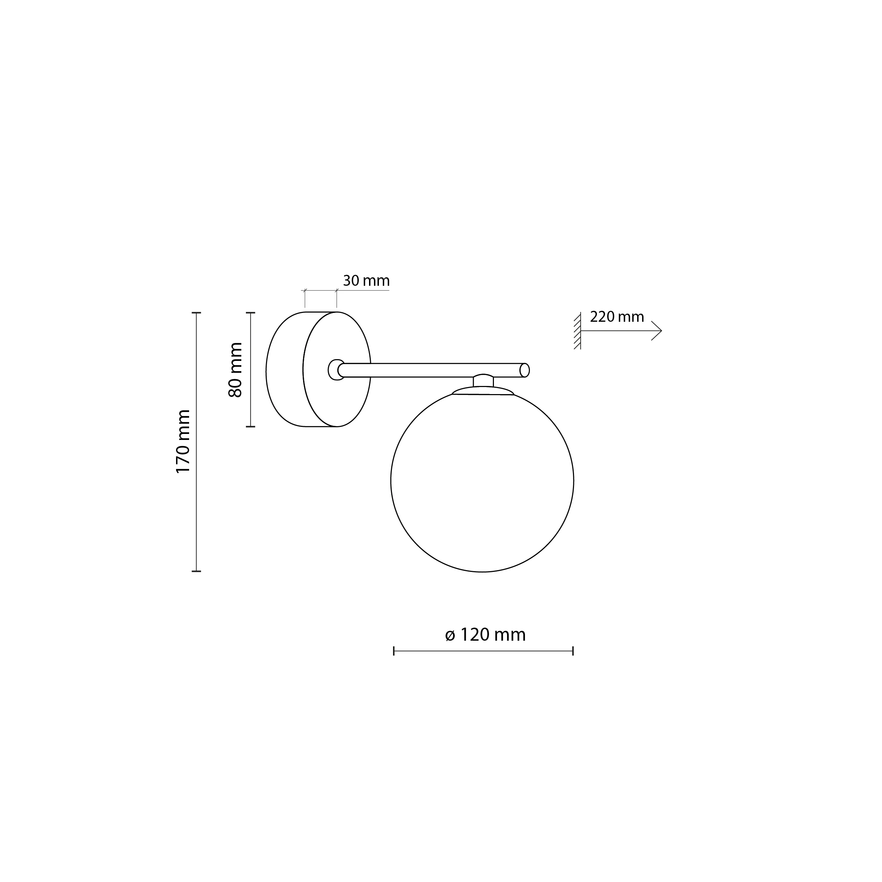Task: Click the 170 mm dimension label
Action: [x=183, y=441]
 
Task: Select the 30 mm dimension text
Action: [x=366, y=280]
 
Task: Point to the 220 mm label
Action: [x=617, y=316]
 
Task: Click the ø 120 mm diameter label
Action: [x=485, y=635]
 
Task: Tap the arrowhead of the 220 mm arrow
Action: [x=657, y=331]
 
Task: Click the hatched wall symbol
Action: [x=578, y=331]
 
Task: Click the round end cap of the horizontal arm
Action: [x=525, y=370]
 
